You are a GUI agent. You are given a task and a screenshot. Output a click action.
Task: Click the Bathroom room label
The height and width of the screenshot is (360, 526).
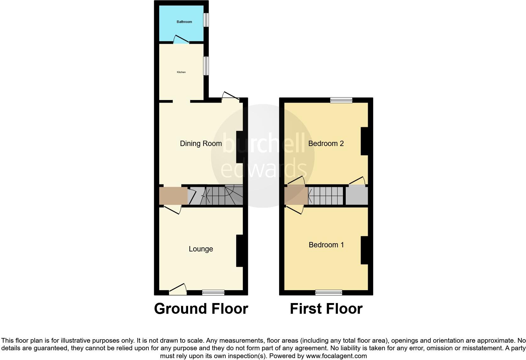point(184,22)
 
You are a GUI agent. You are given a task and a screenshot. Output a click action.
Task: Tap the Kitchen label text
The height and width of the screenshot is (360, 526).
point(181,72)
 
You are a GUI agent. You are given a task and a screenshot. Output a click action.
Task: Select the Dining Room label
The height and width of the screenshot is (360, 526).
point(201,143)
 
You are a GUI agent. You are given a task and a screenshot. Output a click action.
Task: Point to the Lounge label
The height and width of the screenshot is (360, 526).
point(201,249)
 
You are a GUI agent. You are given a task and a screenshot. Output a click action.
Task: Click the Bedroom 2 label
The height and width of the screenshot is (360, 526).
point(326,143)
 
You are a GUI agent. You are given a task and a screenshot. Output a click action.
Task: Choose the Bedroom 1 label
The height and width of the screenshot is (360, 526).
point(326,245)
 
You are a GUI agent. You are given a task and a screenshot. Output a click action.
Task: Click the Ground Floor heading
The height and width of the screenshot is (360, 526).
point(201,309)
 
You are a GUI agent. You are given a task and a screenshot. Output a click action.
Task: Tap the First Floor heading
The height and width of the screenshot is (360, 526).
point(326,309)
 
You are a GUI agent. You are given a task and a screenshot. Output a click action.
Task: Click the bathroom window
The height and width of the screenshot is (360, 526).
point(206,20)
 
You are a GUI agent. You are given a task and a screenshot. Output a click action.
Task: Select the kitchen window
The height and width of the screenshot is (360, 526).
point(206,66)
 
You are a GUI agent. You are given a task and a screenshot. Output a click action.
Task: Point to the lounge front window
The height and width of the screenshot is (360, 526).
point(213,292)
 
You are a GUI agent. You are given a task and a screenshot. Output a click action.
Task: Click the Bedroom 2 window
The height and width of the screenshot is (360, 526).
point(341,100)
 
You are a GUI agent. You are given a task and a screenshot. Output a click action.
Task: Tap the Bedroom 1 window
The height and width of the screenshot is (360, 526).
point(329,292)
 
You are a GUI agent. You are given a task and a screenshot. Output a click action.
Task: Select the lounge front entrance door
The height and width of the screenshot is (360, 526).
point(178,290)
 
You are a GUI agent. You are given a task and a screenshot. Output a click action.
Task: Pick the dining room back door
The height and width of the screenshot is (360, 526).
point(231,96)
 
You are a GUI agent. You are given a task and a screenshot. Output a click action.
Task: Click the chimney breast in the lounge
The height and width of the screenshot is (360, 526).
point(240,251)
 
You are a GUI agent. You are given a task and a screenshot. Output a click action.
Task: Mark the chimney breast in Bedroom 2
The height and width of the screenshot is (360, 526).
point(364,141)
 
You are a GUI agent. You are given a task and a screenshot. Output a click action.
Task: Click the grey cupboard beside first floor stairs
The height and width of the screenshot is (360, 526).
point(357,195)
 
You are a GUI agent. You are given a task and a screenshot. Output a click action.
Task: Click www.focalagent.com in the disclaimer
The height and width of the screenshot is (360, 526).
point(336,356)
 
